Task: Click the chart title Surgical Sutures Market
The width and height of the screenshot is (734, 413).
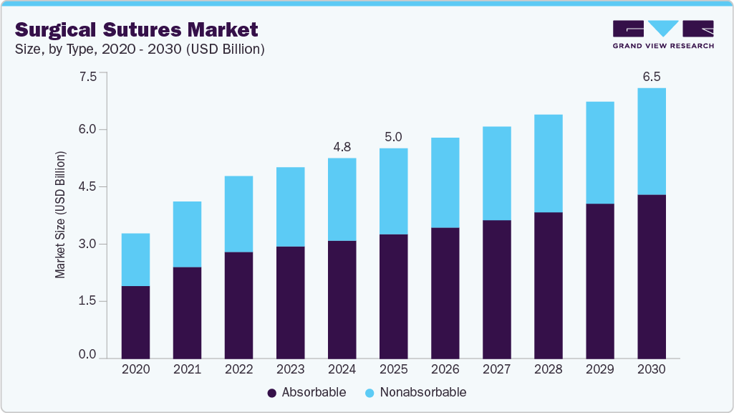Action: (x=136, y=29)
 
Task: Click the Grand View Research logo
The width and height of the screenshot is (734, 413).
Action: (x=663, y=34)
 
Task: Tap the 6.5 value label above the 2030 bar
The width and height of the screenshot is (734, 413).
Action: (x=651, y=77)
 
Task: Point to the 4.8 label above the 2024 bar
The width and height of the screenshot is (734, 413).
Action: (x=342, y=147)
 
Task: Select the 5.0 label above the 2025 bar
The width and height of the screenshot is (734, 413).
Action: (x=393, y=137)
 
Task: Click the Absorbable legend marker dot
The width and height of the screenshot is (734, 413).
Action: (x=271, y=393)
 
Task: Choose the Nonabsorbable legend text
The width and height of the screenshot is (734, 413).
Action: (x=422, y=392)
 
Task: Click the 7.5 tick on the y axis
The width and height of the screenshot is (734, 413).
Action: (x=87, y=77)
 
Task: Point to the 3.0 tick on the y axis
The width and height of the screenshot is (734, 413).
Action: (x=87, y=244)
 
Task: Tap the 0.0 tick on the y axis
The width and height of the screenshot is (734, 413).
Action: (x=87, y=355)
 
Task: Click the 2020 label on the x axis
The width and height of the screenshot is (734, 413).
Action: (x=135, y=369)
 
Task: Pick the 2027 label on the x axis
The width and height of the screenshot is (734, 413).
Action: (x=496, y=369)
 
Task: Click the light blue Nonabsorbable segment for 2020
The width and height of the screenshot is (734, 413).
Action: (x=135, y=260)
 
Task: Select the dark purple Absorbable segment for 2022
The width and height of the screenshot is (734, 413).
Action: (x=238, y=305)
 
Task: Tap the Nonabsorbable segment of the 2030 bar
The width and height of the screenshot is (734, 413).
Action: (x=651, y=141)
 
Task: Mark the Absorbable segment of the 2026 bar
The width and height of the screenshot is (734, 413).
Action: (x=445, y=293)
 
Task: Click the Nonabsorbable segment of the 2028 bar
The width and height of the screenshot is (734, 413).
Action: (x=548, y=163)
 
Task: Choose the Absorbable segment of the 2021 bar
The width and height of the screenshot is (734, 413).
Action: (x=187, y=313)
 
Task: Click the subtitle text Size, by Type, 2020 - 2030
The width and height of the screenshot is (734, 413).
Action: (x=140, y=49)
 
